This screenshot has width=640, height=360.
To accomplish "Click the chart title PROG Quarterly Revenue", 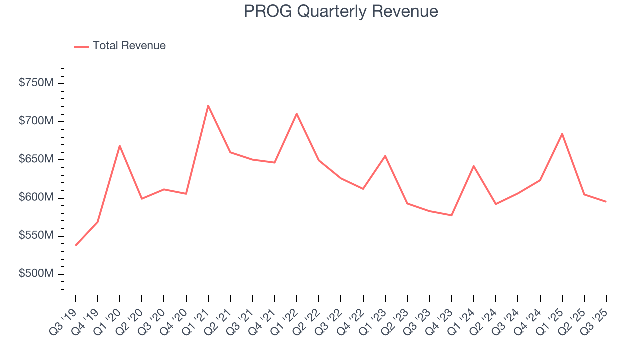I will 341,11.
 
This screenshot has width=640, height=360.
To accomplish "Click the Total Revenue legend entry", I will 120,46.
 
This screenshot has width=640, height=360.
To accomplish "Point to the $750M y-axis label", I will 36,83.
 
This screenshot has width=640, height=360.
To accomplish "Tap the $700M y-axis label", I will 36,121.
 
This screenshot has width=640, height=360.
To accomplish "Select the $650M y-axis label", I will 36,159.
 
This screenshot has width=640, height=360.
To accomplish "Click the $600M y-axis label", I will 36,198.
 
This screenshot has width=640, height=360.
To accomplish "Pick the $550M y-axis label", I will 36,236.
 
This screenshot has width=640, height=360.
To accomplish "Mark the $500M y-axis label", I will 36,274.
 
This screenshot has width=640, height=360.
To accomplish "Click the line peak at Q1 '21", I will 208,105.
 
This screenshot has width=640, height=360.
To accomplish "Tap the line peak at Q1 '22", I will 297,114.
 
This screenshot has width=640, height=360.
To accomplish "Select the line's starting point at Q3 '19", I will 76,245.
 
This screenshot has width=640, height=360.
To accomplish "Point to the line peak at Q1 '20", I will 120,146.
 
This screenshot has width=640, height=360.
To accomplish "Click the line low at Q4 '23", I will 451,215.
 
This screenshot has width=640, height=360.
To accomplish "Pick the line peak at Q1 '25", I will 562,134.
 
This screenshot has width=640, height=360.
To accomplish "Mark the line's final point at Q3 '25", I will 606,202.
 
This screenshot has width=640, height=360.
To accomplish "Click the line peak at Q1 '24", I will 473,166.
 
